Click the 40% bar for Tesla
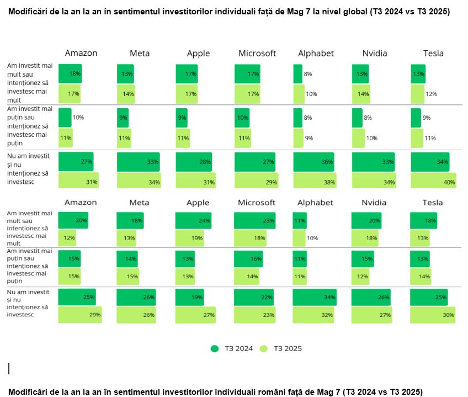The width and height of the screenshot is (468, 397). click(433, 181)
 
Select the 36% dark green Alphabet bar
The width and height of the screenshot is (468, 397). click(313, 162)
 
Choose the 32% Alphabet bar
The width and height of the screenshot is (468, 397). click(312, 315)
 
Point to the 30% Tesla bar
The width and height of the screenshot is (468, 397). click(433, 315)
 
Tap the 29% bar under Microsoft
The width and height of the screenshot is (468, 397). click(255, 181)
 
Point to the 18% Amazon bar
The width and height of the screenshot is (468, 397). click(70, 73)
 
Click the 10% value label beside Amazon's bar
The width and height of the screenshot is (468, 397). click(78, 118)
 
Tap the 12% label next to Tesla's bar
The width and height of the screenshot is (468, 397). click(431, 94)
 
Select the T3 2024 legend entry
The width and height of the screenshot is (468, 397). click(232, 348)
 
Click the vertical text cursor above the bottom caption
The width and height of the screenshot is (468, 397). click(9, 368)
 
